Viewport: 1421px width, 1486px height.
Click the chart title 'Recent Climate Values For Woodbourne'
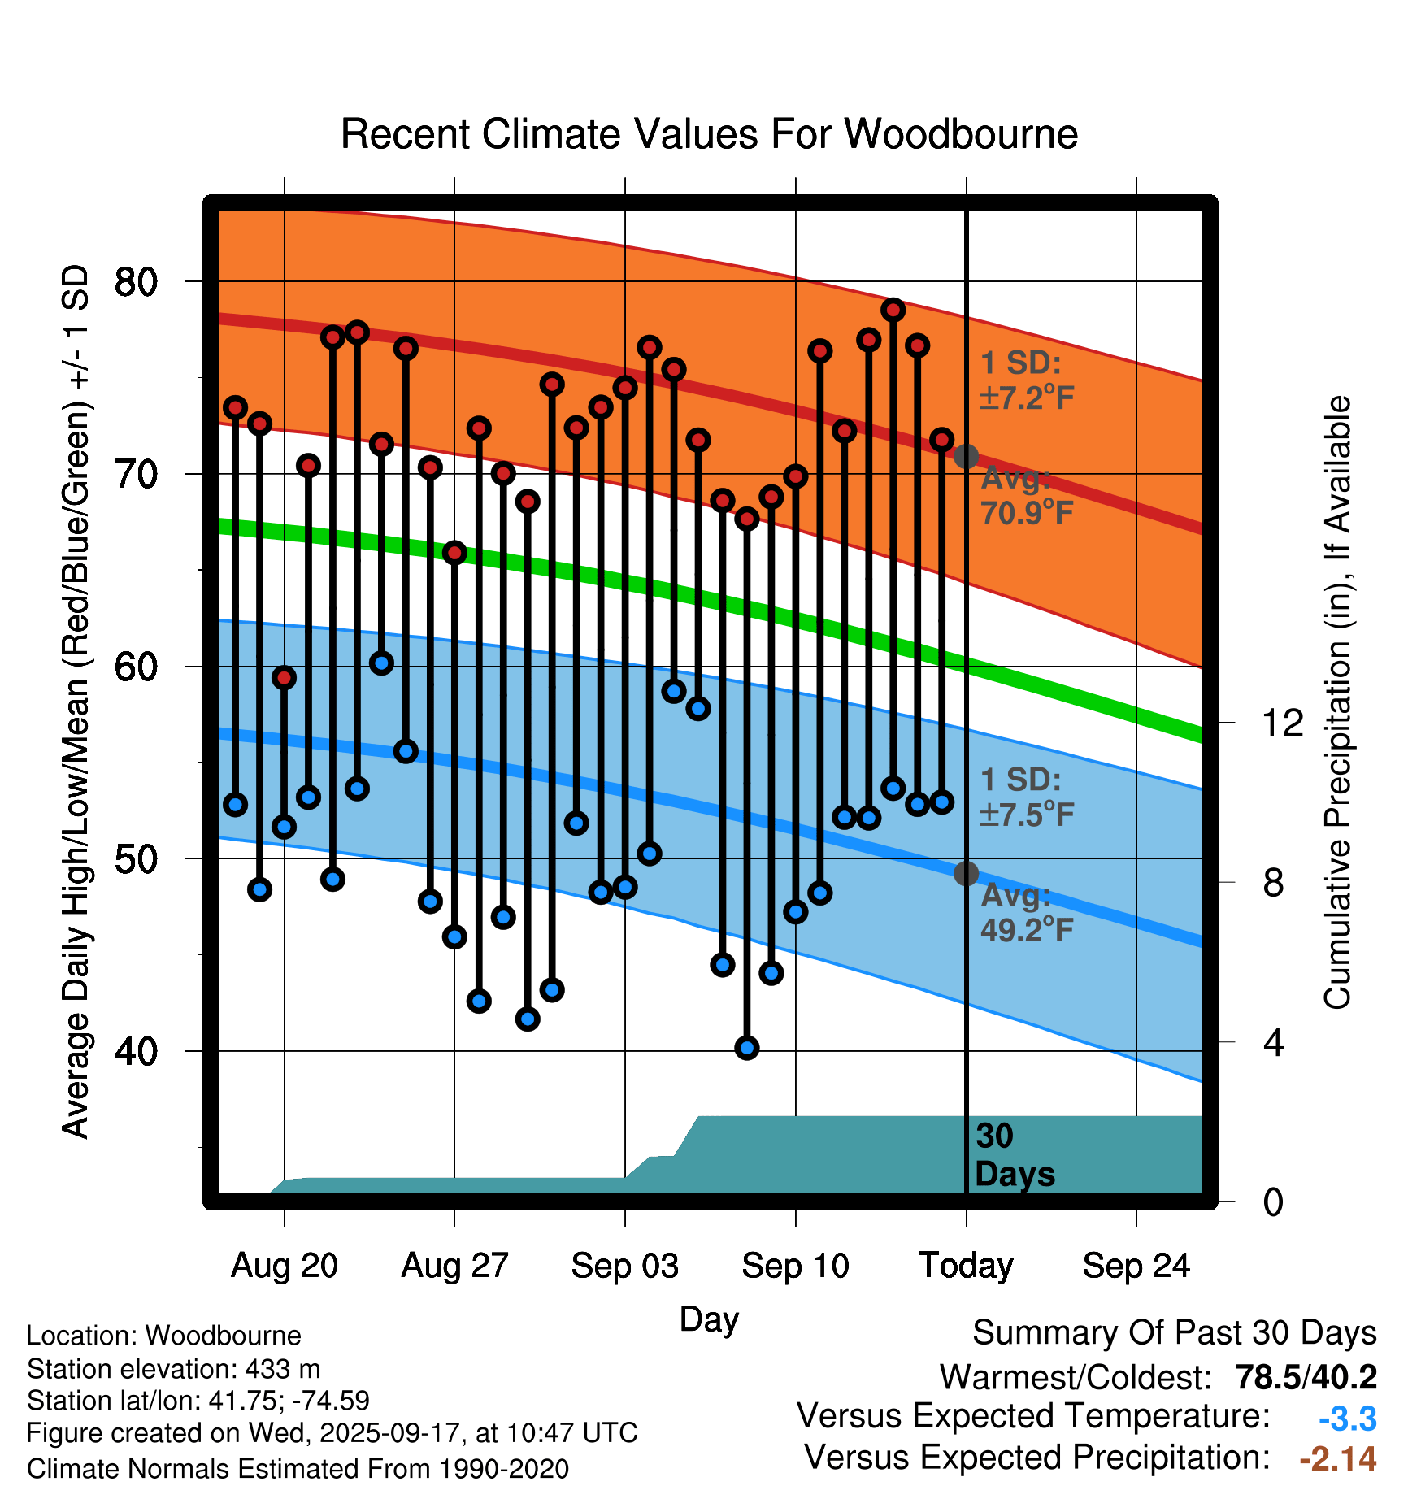click(709, 134)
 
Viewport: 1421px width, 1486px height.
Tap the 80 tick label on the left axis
click(136, 282)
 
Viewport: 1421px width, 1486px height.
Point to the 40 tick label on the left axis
click(136, 1051)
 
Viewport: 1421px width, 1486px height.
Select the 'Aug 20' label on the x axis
click(284, 1266)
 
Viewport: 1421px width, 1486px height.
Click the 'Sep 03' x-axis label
click(624, 1266)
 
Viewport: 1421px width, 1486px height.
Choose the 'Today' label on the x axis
click(966, 1266)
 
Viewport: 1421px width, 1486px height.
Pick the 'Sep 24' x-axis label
click(1136, 1266)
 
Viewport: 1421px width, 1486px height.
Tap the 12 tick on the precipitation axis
click(1282, 723)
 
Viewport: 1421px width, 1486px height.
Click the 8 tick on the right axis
click(1273, 883)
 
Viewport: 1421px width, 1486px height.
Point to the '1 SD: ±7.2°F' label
click(1027, 380)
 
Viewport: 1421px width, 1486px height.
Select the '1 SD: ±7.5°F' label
click(1027, 797)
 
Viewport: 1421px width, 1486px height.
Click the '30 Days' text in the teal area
click(1014, 1155)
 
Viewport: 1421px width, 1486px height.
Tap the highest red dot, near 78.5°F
click(893, 310)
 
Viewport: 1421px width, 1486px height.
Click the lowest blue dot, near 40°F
click(747, 1048)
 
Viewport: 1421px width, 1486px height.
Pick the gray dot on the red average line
click(966, 457)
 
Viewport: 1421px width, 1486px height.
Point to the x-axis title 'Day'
click(709, 1319)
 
